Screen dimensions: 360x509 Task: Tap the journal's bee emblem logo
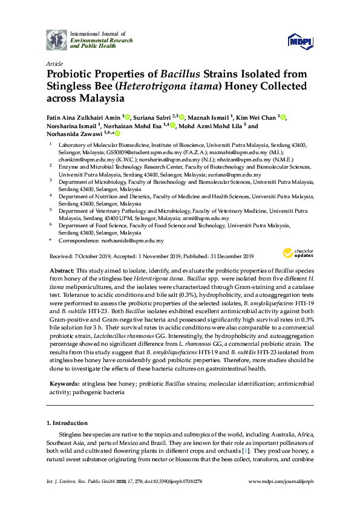click(x=57, y=40)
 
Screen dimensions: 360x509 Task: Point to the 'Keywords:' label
click(x=63, y=384)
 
